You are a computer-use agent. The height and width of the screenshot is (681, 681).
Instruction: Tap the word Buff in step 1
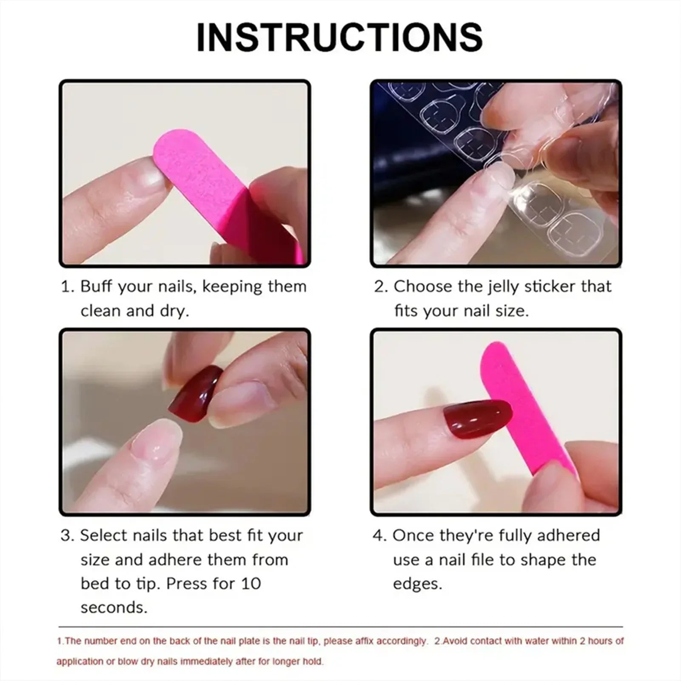tap(97, 287)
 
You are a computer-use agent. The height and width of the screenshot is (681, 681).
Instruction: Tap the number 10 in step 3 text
tap(251, 584)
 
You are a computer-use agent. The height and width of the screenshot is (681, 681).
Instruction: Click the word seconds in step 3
tap(114, 607)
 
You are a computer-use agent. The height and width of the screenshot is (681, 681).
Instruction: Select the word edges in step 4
tap(417, 584)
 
